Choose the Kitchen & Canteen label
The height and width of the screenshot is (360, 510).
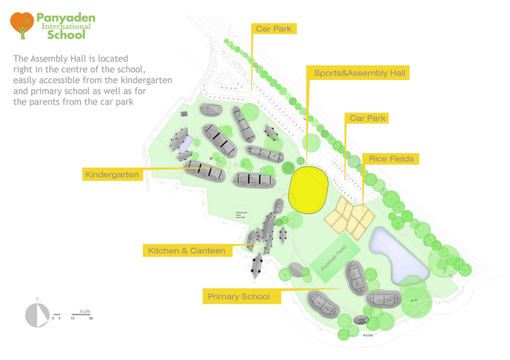tap(187, 250)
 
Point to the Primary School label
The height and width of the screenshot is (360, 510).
tap(239, 296)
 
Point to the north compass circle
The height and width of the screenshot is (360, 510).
tap(37, 314)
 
